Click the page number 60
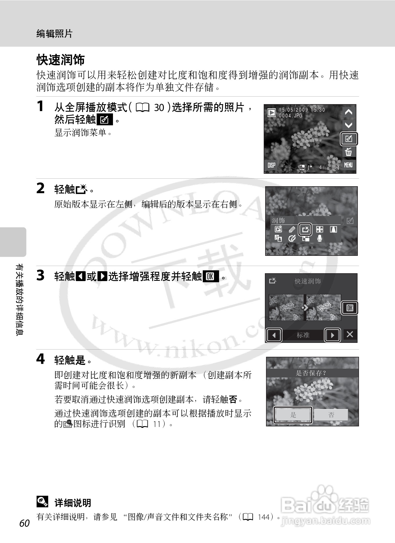25,523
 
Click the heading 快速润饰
60,60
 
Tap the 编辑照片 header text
54,34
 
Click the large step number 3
40,275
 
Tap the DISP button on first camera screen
271,165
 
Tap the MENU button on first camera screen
348,165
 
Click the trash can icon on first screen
348,152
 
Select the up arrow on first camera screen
348,112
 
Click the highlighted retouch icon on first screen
349,139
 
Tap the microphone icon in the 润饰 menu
319,238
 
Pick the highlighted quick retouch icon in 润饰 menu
305,229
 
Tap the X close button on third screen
350,334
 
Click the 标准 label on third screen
303,335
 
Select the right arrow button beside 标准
332,335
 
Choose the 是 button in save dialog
293,415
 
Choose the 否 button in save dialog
331,415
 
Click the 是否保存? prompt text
311,373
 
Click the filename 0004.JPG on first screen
291,115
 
